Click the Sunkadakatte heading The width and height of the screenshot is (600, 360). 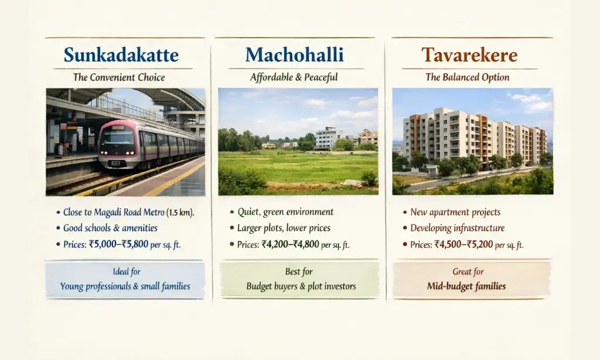coord(121,55)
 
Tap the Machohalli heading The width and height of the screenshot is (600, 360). coord(294,55)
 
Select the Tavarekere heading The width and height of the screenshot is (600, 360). coord(469,55)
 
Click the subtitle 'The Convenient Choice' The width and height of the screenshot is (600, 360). coord(119,77)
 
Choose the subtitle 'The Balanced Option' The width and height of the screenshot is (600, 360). coord(467,77)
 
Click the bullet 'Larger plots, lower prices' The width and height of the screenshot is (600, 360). coord(284,228)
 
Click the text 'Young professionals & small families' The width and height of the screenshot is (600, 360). coord(125,287)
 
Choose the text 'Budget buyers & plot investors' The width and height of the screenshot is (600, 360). coord(301,287)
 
